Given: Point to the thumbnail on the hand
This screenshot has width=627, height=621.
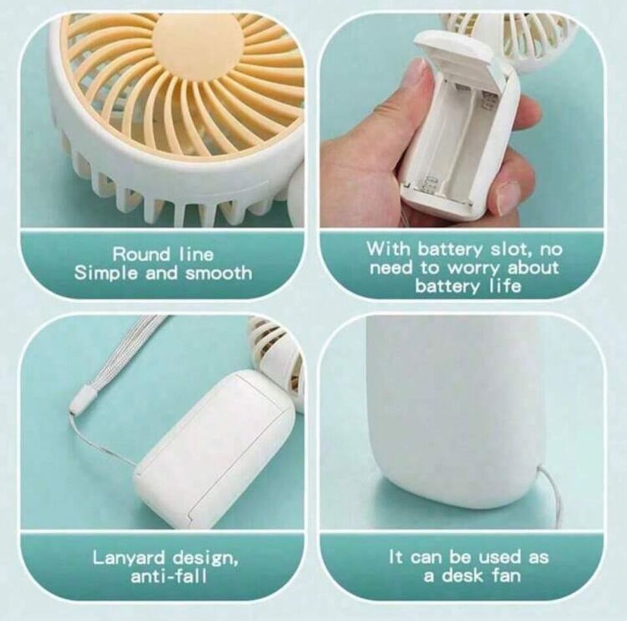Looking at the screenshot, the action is click(x=418, y=76).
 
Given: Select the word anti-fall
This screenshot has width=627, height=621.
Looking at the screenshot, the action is click(x=169, y=576).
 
